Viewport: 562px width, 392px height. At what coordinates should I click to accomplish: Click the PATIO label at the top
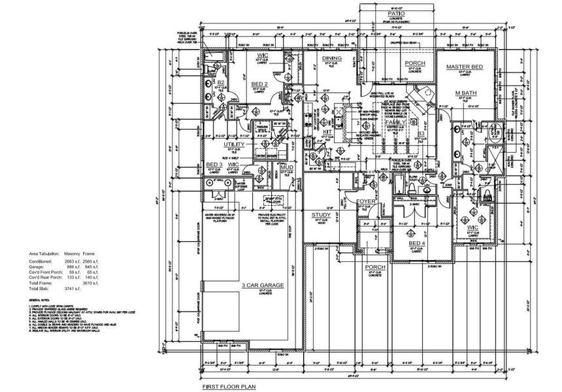point(394,13)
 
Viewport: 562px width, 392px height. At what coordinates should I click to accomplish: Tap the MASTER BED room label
point(464,67)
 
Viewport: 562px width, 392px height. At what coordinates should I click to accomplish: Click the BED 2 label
point(260,85)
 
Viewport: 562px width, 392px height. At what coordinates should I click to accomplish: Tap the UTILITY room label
point(234,144)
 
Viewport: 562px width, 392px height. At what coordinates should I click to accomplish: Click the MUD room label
point(286,168)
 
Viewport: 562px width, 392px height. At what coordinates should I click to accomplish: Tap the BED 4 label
point(418,243)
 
